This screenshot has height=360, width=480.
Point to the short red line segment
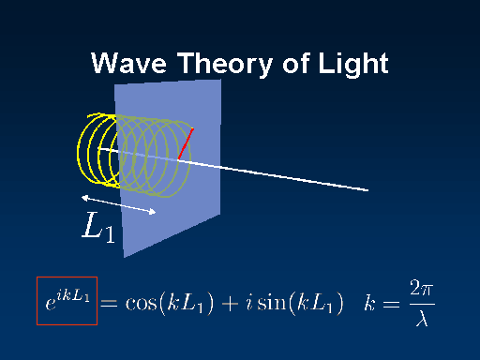tap(185, 142)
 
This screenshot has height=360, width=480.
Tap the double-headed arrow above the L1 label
tap(118, 204)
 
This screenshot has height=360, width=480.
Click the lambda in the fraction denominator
tap(420, 319)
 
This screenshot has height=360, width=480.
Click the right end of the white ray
tap(367, 190)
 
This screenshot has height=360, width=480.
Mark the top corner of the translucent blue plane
tap(220, 80)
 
